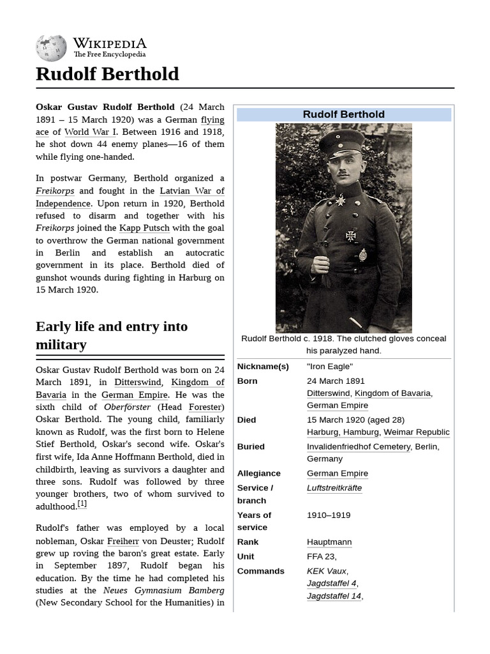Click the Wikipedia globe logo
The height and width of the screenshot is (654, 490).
point(51,47)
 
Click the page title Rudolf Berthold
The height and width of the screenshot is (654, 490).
point(107,74)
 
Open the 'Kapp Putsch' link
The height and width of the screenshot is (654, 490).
point(144,228)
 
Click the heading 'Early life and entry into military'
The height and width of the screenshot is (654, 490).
point(112,335)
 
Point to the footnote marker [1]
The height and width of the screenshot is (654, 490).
point(82,505)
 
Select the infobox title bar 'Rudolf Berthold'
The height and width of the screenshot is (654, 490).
point(343,114)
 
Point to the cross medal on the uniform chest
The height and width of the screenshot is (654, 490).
point(350,236)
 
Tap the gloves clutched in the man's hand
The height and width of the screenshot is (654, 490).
point(320,255)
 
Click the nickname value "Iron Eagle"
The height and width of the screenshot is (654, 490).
point(329,367)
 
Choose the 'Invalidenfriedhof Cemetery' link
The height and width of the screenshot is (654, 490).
point(359,446)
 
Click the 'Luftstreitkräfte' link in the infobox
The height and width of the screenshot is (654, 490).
point(334,488)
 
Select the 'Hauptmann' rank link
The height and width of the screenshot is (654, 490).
point(329,542)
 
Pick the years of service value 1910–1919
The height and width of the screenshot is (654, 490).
point(328,515)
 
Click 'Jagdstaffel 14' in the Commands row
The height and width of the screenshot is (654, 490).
point(334,596)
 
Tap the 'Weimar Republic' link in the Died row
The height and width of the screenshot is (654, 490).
point(416,432)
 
